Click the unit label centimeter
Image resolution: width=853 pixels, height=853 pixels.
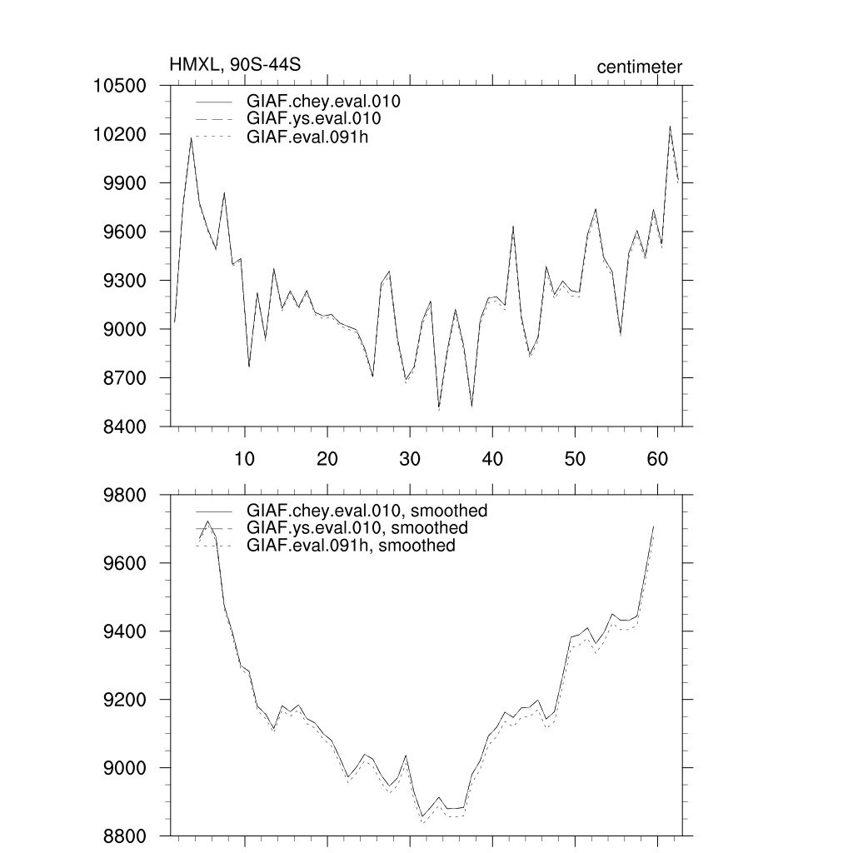[x=639, y=67]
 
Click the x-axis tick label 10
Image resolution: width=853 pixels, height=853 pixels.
[x=244, y=458]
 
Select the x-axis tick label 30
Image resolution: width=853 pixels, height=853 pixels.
[x=409, y=458]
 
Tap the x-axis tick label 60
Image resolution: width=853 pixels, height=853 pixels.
[x=657, y=458]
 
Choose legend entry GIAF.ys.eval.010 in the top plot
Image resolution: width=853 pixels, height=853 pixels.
[x=314, y=120]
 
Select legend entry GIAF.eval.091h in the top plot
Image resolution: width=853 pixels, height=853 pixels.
[x=307, y=137]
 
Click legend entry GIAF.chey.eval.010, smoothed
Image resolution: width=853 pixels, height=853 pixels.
[x=367, y=511]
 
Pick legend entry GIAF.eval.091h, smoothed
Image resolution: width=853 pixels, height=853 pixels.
[x=351, y=546]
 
